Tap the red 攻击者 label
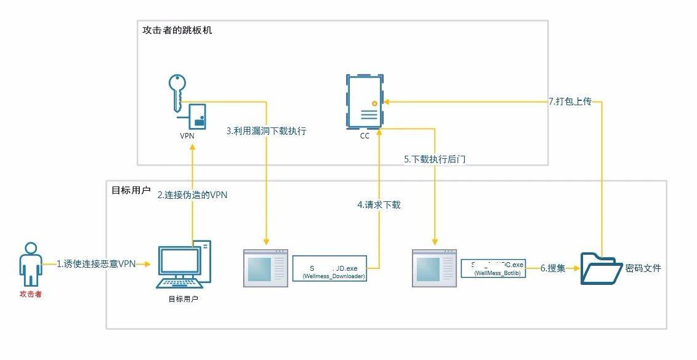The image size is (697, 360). coord(30,294)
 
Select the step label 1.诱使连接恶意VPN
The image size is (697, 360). coord(96,264)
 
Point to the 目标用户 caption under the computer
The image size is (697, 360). coord(183,299)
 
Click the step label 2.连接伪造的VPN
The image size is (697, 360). coord(193,195)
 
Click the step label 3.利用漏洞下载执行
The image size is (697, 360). coord(266,130)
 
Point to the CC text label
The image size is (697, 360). coord(365,136)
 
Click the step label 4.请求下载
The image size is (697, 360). coord(379,204)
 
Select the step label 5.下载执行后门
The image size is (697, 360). coord(435,159)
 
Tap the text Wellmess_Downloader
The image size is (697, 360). coord(334,277)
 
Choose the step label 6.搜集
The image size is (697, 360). coord(552,268)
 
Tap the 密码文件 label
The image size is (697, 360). coord(643,268)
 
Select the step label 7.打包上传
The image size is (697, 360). coord(570,102)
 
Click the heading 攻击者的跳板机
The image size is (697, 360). coord(177,30)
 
